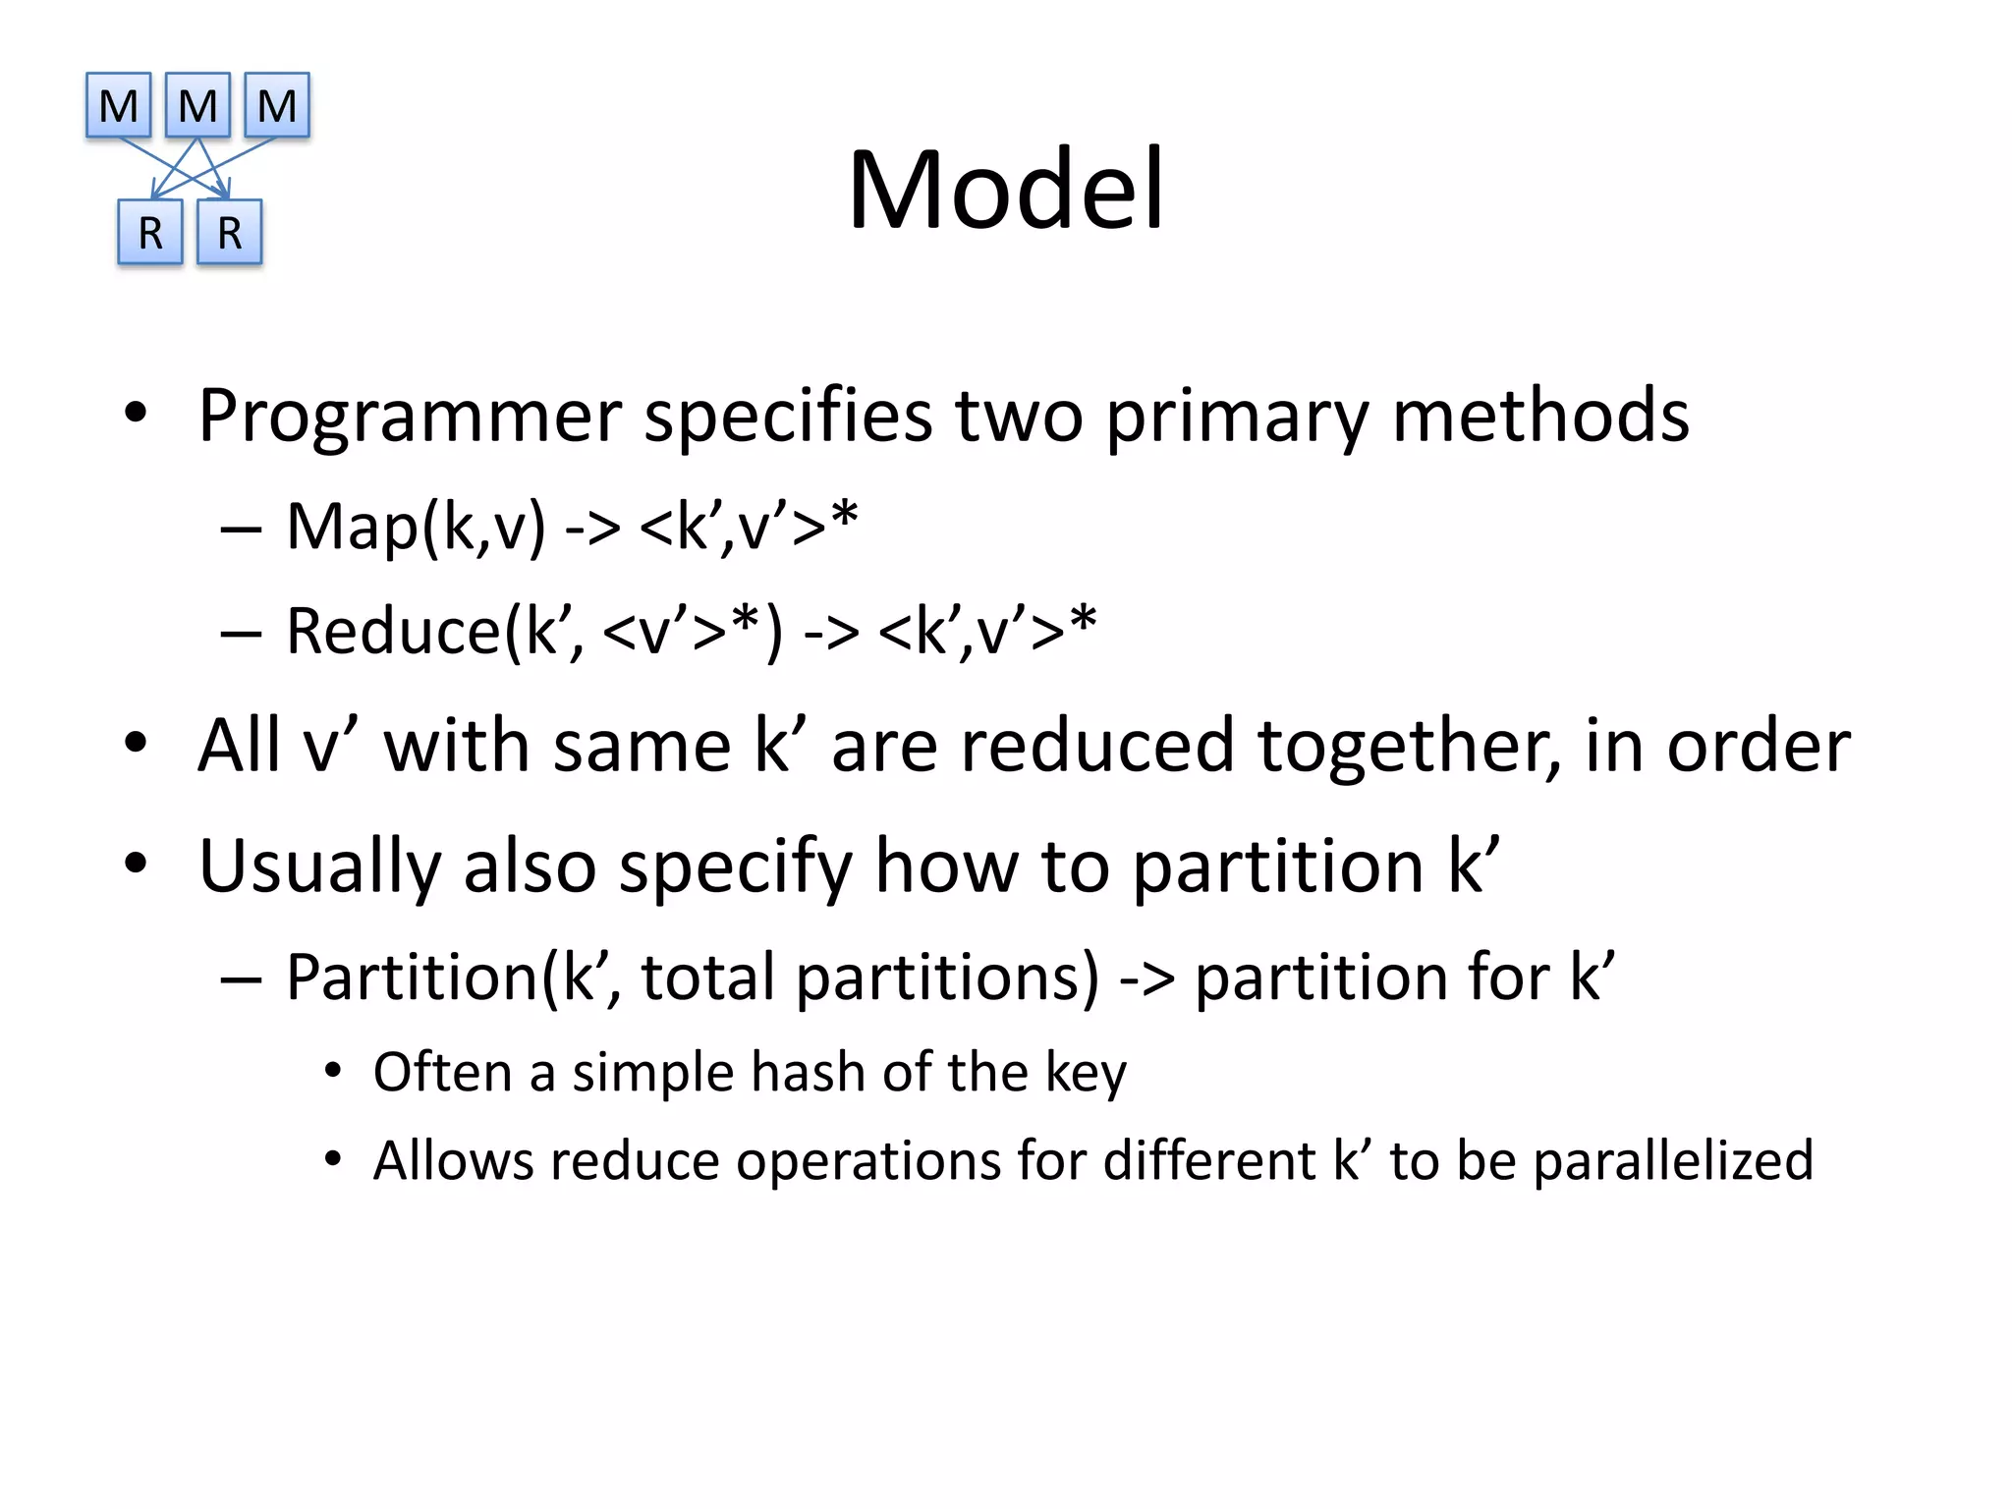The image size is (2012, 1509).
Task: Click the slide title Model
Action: [1006, 189]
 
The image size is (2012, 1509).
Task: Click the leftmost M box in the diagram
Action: [119, 105]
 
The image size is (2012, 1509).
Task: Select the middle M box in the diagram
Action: [197, 105]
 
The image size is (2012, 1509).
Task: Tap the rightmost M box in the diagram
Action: [276, 105]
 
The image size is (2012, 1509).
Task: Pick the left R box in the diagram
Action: [150, 233]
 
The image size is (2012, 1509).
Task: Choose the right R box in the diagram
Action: [229, 233]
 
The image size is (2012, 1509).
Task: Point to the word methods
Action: [1540, 416]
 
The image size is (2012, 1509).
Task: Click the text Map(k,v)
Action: [416, 528]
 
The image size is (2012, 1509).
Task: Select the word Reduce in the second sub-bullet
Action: [393, 631]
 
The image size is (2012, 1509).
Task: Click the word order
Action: [1759, 747]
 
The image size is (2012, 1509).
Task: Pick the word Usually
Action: [318, 866]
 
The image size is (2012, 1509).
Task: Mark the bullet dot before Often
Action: [333, 1072]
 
